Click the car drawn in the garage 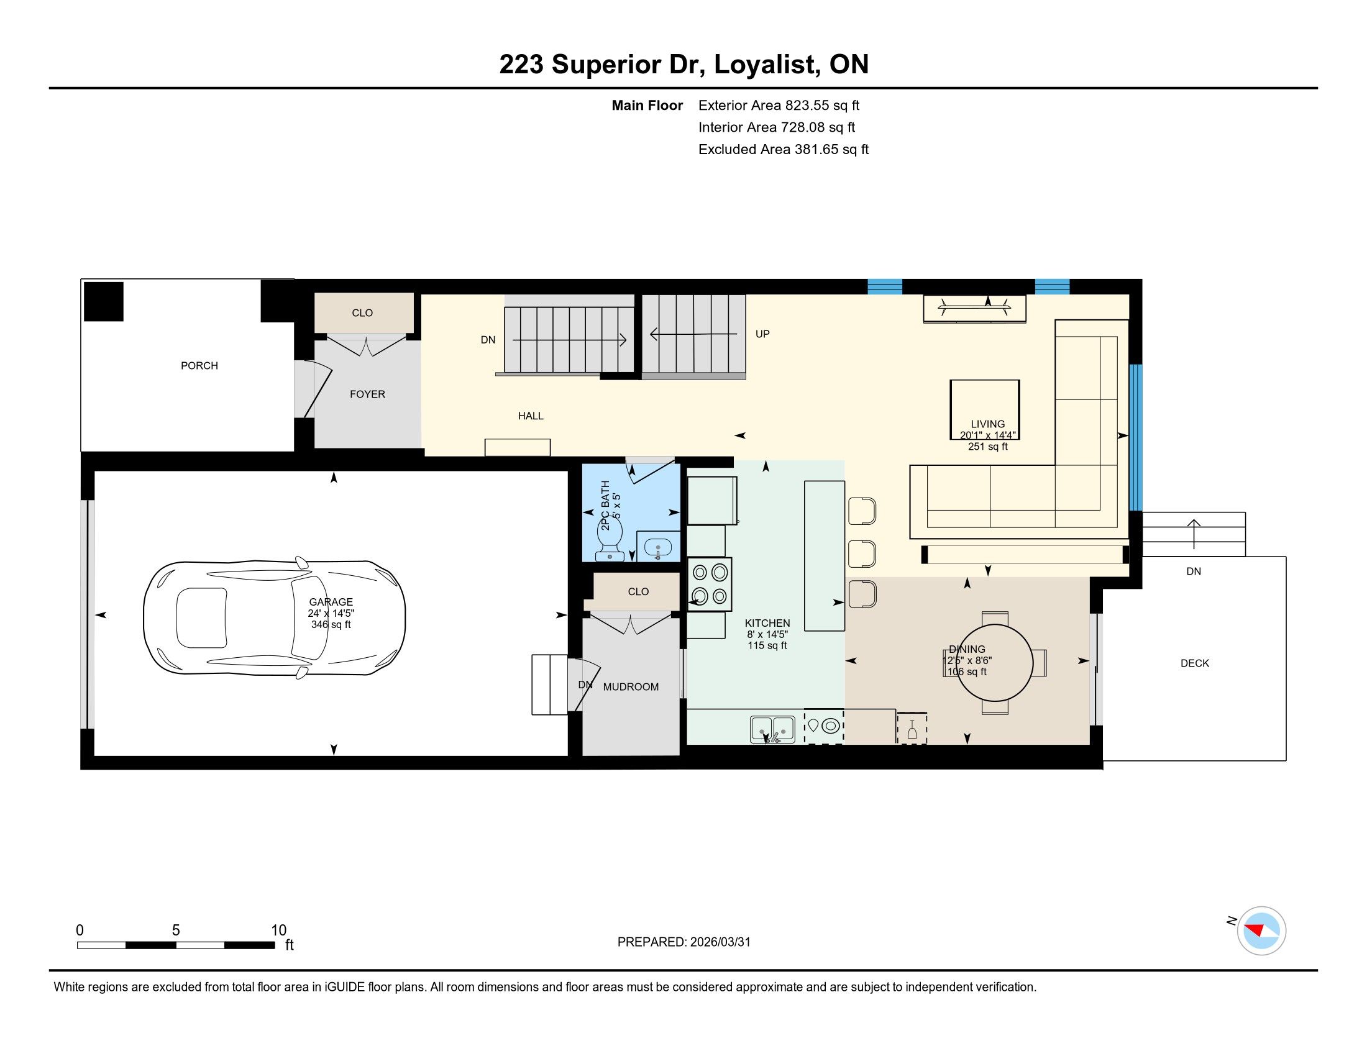(274, 618)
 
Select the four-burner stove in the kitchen (710, 584)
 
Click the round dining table (994, 663)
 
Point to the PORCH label (199, 365)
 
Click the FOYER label (367, 394)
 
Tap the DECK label (1194, 663)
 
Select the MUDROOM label (630, 687)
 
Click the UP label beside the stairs (762, 334)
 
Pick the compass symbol (1261, 931)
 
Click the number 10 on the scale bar (278, 931)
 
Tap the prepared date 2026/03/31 (720, 942)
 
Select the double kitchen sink (772, 729)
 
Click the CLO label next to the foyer (362, 313)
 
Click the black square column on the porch (104, 301)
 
